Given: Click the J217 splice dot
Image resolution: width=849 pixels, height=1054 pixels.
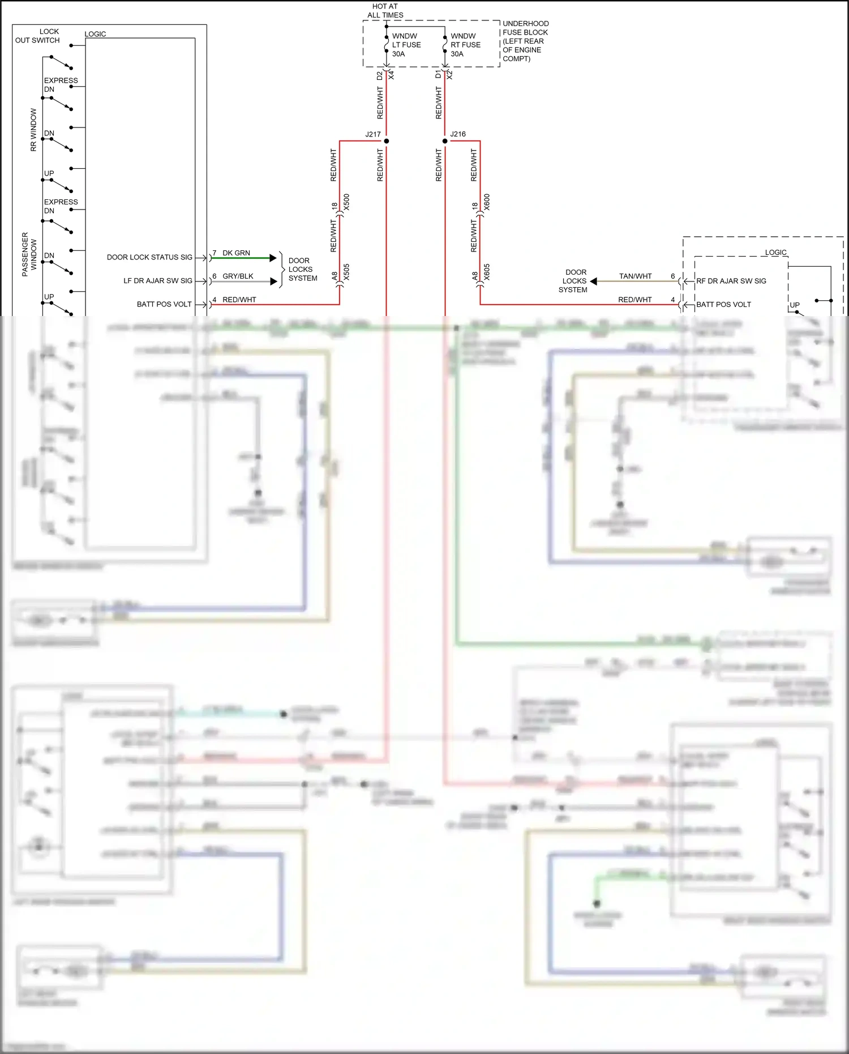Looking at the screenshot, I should click(387, 141).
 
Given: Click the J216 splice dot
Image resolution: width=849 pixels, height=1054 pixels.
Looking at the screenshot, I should click(445, 141).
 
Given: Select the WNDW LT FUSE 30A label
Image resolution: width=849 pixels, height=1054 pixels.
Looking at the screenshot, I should click(406, 45).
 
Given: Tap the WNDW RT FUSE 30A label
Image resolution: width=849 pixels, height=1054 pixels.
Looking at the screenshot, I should click(465, 45).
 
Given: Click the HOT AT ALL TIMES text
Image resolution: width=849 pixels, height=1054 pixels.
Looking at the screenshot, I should click(385, 11).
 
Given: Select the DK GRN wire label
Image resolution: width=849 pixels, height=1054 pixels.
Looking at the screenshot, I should click(236, 253).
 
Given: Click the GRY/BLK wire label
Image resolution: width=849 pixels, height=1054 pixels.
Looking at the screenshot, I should click(238, 276).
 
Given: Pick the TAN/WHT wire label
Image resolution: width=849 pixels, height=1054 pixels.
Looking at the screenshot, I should click(635, 276).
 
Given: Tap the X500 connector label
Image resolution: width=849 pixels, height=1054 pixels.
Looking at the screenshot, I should click(346, 202).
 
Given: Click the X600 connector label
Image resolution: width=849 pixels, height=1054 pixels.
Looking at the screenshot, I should click(487, 202).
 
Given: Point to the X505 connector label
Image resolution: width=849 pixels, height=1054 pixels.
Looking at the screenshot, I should click(346, 272).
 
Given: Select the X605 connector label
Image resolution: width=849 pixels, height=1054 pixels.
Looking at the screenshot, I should click(487, 272).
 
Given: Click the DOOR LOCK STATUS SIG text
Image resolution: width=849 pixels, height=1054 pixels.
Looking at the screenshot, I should click(149, 257).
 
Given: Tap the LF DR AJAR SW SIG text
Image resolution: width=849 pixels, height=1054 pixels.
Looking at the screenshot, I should click(158, 281).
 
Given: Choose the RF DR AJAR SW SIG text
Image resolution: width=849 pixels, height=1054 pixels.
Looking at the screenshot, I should click(731, 281).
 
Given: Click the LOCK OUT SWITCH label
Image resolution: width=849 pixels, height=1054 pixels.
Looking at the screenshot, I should click(38, 36).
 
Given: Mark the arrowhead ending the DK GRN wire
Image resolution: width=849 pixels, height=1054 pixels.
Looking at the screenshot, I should click(273, 258).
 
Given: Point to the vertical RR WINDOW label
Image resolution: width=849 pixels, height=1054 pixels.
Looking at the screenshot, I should click(33, 130).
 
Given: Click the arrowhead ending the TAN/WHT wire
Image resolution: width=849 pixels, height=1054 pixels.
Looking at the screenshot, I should click(594, 281).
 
